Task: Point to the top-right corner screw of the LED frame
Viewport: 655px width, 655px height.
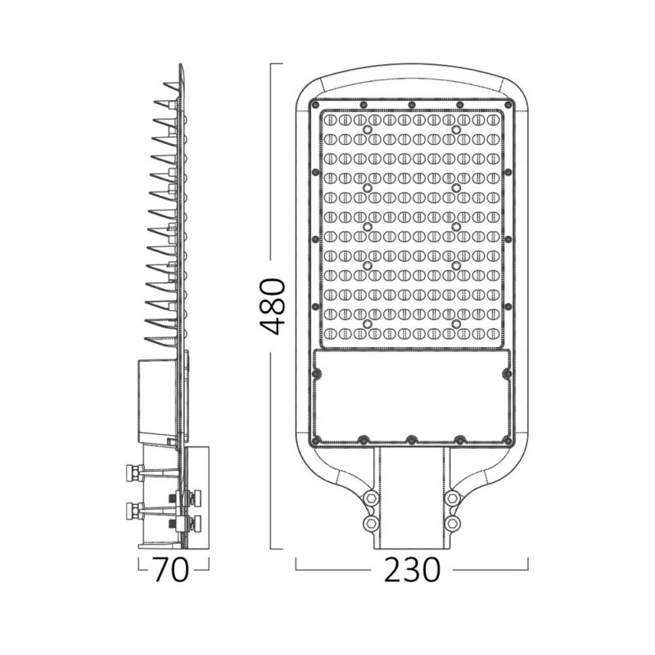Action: click(505, 112)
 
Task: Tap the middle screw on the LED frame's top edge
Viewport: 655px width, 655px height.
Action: click(412, 105)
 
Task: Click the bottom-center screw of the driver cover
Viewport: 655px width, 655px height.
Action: click(412, 439)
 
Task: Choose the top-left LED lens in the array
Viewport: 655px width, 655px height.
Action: click(330, 120)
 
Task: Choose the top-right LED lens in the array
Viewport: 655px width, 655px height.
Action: click(494, 120)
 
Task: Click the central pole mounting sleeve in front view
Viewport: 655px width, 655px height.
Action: click(412, 499)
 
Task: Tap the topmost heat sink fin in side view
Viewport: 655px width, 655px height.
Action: click(170, 85)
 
